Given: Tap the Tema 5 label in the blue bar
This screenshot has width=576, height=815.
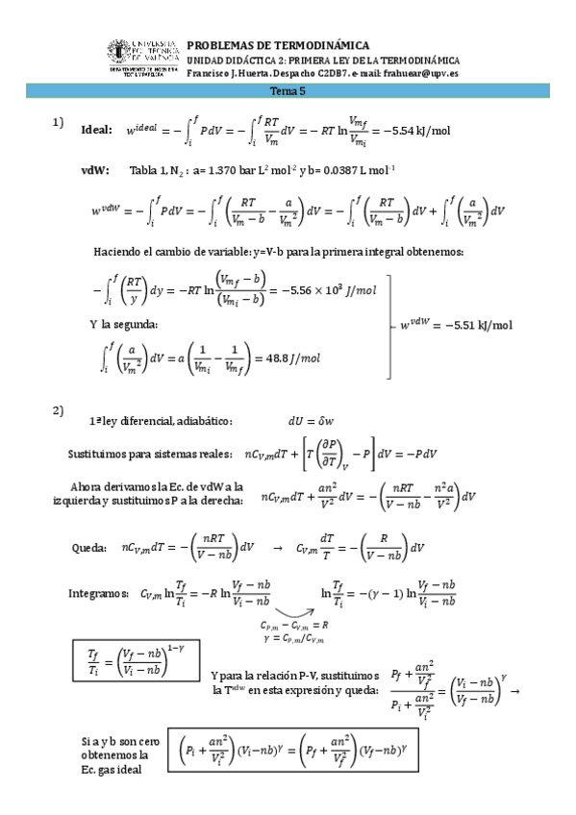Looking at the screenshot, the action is (288, 91).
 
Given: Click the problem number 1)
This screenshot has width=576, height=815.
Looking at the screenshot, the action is (59, 121).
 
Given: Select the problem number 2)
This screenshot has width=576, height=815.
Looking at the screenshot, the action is (59, 411).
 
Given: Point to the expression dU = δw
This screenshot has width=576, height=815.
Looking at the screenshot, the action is (313, 421).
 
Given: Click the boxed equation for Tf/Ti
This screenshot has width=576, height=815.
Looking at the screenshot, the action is (123, 662).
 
